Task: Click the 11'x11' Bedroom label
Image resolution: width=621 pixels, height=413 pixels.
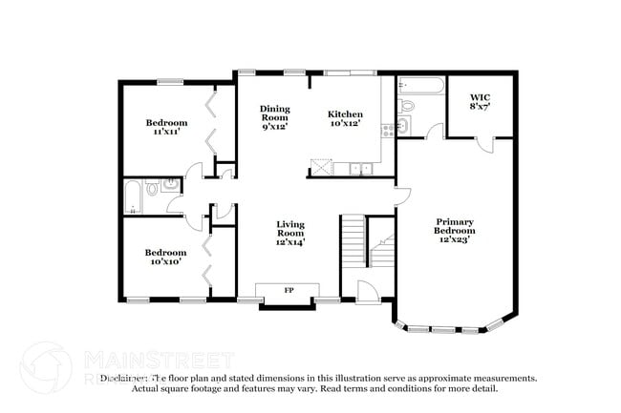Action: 166,128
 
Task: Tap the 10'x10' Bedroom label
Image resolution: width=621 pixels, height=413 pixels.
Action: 166,258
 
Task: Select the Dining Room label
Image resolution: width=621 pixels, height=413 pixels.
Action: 274,116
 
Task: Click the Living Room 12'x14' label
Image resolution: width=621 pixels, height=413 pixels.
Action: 290,233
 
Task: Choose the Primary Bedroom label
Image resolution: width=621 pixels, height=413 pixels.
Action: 455,230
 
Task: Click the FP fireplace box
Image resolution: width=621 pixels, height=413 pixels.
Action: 289,290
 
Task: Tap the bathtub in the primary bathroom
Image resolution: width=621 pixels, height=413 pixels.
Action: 420,86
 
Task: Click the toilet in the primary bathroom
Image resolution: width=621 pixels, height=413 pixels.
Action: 407,106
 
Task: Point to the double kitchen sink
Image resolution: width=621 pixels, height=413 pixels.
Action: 361,169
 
